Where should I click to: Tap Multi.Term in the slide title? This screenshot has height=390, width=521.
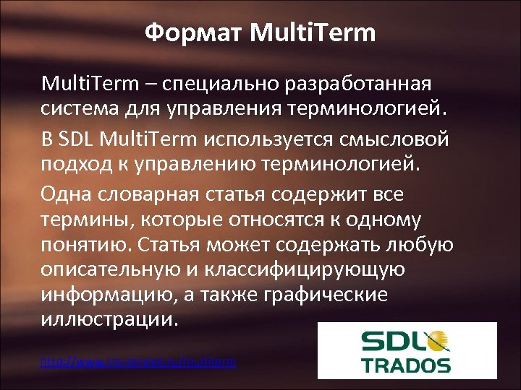tap(313, 32)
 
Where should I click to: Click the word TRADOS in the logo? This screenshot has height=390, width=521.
tap(407, 365)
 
